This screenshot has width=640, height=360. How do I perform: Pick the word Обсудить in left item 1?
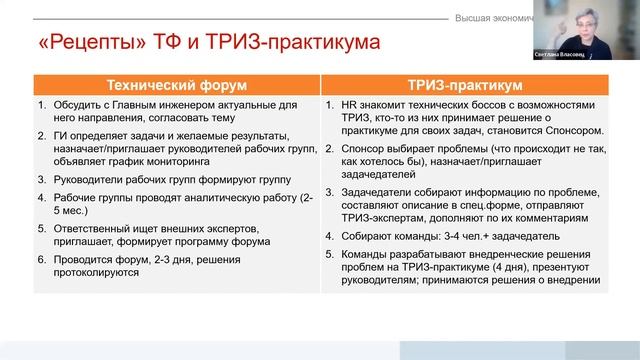click(73, 105)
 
